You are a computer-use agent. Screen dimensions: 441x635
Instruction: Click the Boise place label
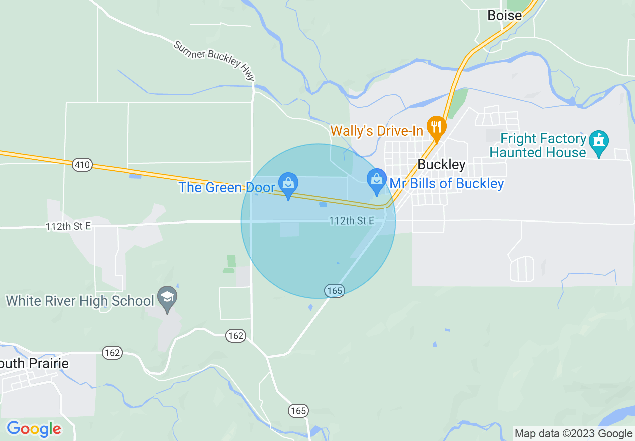[504, 16]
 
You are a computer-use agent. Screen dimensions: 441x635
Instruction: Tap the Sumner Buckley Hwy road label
[214, 61]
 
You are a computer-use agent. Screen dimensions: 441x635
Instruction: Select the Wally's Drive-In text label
[377, 131]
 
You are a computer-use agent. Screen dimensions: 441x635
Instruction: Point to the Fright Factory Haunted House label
[538, 145]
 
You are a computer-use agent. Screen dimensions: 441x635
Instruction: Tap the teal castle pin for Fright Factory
[599, 142]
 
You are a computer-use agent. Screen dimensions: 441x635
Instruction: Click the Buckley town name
[441, 164]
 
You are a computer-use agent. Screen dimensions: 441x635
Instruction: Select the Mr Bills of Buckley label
[447, 183]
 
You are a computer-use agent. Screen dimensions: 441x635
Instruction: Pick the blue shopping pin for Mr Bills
[376, 181]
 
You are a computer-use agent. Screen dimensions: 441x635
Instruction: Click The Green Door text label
[227, 188]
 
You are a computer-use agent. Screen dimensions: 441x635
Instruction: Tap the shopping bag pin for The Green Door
[288, 184]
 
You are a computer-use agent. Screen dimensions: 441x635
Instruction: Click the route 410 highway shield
[82, 164]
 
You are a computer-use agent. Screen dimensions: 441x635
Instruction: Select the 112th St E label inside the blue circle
[352, 221]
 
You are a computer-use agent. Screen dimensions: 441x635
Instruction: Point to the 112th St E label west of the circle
[68, 227]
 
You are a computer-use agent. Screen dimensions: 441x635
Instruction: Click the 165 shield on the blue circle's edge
[334, 290]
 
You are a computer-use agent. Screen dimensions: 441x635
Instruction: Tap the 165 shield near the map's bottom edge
[298, 411]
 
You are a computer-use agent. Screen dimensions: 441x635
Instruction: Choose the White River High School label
[80, 301]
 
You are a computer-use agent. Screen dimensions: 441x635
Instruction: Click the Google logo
[34, 429]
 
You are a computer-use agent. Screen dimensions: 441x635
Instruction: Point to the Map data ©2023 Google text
[574, 434]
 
